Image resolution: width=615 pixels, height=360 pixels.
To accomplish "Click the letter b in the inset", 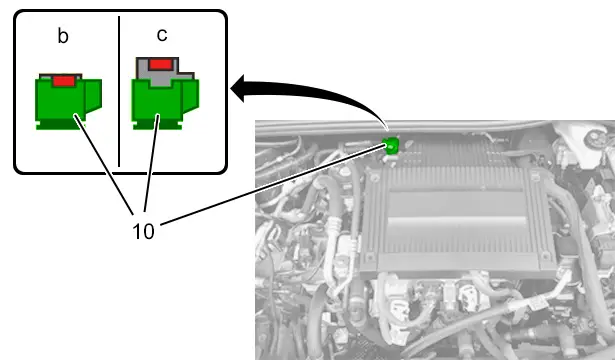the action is [x=63, y=36].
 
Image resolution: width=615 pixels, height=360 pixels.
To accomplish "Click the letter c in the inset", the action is [x=162, y=35].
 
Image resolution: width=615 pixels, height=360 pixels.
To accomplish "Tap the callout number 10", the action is [x=144, y=231].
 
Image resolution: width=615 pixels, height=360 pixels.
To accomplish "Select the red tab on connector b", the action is [x=64, y=81].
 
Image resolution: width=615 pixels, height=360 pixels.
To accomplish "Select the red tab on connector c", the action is [x=160, y=64].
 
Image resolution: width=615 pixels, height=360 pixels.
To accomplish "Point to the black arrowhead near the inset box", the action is [x=238, y=88].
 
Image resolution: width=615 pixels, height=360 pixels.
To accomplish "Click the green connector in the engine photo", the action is [x=391, y=146].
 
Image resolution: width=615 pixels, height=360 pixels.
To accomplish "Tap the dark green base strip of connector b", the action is [x=60, y=124].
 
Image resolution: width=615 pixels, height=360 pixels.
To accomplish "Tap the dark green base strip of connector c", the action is [x=157, y=124].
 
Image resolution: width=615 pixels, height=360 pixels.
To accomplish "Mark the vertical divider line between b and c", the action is [x=119, y=91].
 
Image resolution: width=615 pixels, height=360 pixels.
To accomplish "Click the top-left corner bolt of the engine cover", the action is [x=374, y=178].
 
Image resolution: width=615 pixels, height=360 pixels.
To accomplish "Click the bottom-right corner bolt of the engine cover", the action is [x=545, y=257].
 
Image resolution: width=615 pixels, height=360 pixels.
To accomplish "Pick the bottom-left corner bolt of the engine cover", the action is [x=369, y=259].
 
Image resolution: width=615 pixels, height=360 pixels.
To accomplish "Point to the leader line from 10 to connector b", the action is [x=104, y=164].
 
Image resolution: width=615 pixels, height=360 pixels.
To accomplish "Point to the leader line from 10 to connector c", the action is [x=152, y=163].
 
